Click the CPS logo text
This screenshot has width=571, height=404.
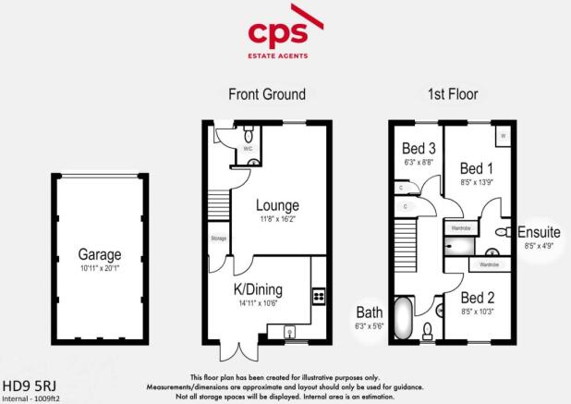pyautogui.click(x=285, y=34)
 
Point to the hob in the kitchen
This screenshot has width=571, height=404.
pyautogui.click(x=319, y=296)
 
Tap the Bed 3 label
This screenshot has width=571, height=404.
pyautogui.click(x=420, y=149)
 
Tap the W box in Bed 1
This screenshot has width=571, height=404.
pyautogui.click(x=504, y=135)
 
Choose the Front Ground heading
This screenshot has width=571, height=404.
pyautogui.click(x=267, y=94)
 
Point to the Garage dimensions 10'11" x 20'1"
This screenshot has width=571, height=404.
pyautogui.click(x=96, y=266)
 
